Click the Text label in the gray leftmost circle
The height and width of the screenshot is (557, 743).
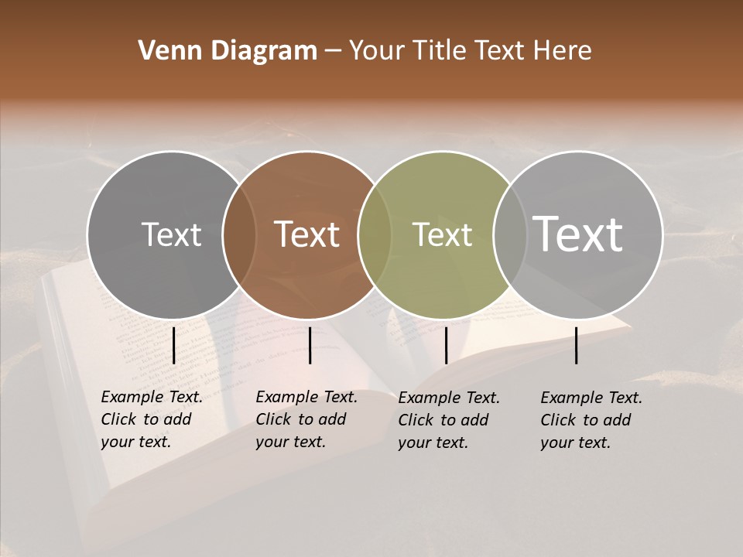tap(171, 234)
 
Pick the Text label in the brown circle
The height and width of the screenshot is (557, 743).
tap(307, 234)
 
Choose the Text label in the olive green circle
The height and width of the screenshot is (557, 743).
tap(442, 234)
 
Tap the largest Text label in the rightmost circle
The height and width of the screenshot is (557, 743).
tap(578, 234)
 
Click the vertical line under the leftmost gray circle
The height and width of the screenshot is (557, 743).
tap(173, 345)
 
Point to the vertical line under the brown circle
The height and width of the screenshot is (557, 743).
tap(310, 345)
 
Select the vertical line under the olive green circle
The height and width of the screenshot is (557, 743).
tap(446, 345)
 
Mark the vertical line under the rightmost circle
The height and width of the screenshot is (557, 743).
tap(577, 345)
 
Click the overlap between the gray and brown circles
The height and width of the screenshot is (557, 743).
tap(239, 235)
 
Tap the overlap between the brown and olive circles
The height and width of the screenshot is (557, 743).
tap(375, 235)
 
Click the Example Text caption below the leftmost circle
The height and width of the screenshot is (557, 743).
tap(152, 419)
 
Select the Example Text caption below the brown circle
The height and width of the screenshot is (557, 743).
tap(306, 419)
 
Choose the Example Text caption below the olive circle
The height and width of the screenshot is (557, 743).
tap(449, 420)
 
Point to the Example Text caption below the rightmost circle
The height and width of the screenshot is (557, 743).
tap(591, 420)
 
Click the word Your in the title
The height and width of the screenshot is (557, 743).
tap(378, 51)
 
